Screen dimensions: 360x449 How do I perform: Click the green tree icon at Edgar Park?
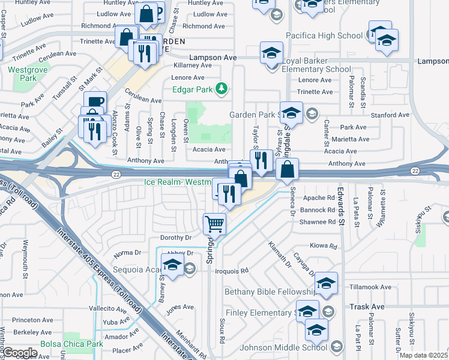(223, 89)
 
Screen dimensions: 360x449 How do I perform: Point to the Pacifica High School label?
(324, 36)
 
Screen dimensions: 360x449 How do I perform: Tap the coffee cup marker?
(95, 102)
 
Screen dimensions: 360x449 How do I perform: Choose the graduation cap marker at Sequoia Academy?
(172, 265)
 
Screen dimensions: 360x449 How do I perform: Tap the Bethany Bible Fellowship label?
(270, 292)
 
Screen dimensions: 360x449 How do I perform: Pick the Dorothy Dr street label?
(176, 238)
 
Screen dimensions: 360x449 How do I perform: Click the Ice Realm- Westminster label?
(178, 182)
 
